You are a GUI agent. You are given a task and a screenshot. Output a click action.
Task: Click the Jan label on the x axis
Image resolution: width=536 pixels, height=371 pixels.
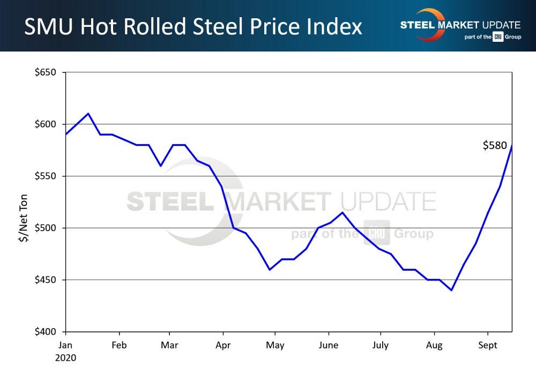[66, 346]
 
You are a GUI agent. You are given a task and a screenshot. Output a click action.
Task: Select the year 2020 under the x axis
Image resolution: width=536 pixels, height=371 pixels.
[66, 358]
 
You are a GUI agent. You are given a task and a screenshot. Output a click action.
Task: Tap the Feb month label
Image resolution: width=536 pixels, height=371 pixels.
[119, 346]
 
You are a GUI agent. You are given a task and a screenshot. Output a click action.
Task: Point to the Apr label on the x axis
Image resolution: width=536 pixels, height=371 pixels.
[222, 346]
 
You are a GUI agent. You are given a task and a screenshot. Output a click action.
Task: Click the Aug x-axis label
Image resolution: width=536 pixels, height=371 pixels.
[434, 346]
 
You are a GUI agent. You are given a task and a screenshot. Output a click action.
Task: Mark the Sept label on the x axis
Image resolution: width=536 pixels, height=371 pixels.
[487, 346]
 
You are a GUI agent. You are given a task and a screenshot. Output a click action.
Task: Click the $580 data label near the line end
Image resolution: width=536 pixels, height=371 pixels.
[495, 145]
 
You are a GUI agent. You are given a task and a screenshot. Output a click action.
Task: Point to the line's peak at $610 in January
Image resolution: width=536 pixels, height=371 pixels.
[88, 114]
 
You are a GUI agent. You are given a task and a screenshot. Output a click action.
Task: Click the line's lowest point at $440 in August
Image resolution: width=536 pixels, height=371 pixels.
[452, 290]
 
